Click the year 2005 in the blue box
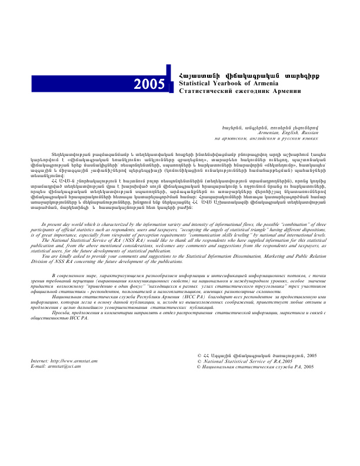149,84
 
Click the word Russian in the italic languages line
305,133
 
